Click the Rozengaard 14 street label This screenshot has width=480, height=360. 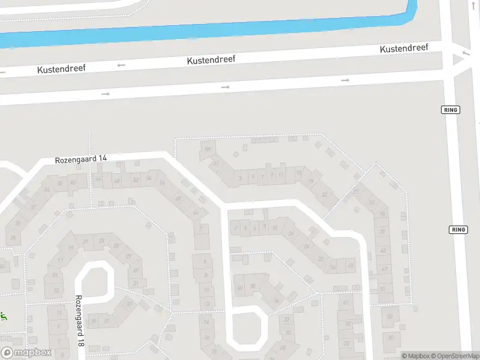tap(81, 159)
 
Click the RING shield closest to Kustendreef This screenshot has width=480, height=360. tap(449, 110)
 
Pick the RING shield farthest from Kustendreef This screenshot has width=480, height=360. tap(458, 230)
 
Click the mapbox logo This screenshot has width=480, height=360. tap(26, 353)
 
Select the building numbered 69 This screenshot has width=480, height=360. tap(208, 149)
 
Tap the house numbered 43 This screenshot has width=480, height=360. tap(384, 250)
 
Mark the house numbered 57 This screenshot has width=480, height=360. tap(348, 324)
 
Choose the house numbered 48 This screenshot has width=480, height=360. tap(117, 180)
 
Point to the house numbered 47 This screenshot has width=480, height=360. tap(384, 269)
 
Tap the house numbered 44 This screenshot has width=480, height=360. tap(98, 179)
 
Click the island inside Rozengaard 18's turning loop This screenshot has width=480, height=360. tap(94, 281)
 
